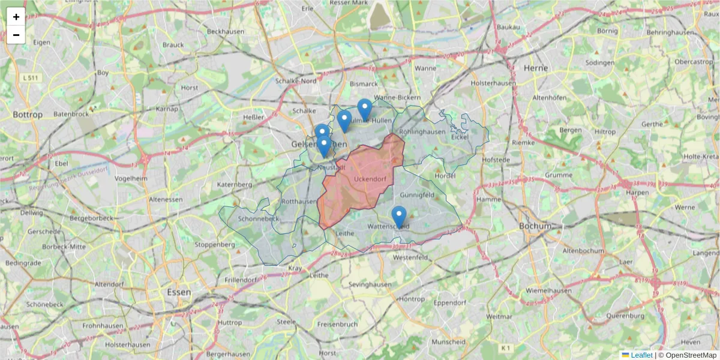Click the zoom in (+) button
click(x=16, y=17)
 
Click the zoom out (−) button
click(x=16, y=35)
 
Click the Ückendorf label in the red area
click(x=370, y=179)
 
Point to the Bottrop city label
click(x=28, y=114)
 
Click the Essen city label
click(x=179, y=292)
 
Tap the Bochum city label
click(x=535, y=226)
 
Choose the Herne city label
click(x=536, y=68)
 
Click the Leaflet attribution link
click(x=641, y=355)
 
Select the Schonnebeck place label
click(x=259, y=219)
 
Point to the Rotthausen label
click(x=299, y=202)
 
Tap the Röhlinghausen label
click(x=422, y=131)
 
